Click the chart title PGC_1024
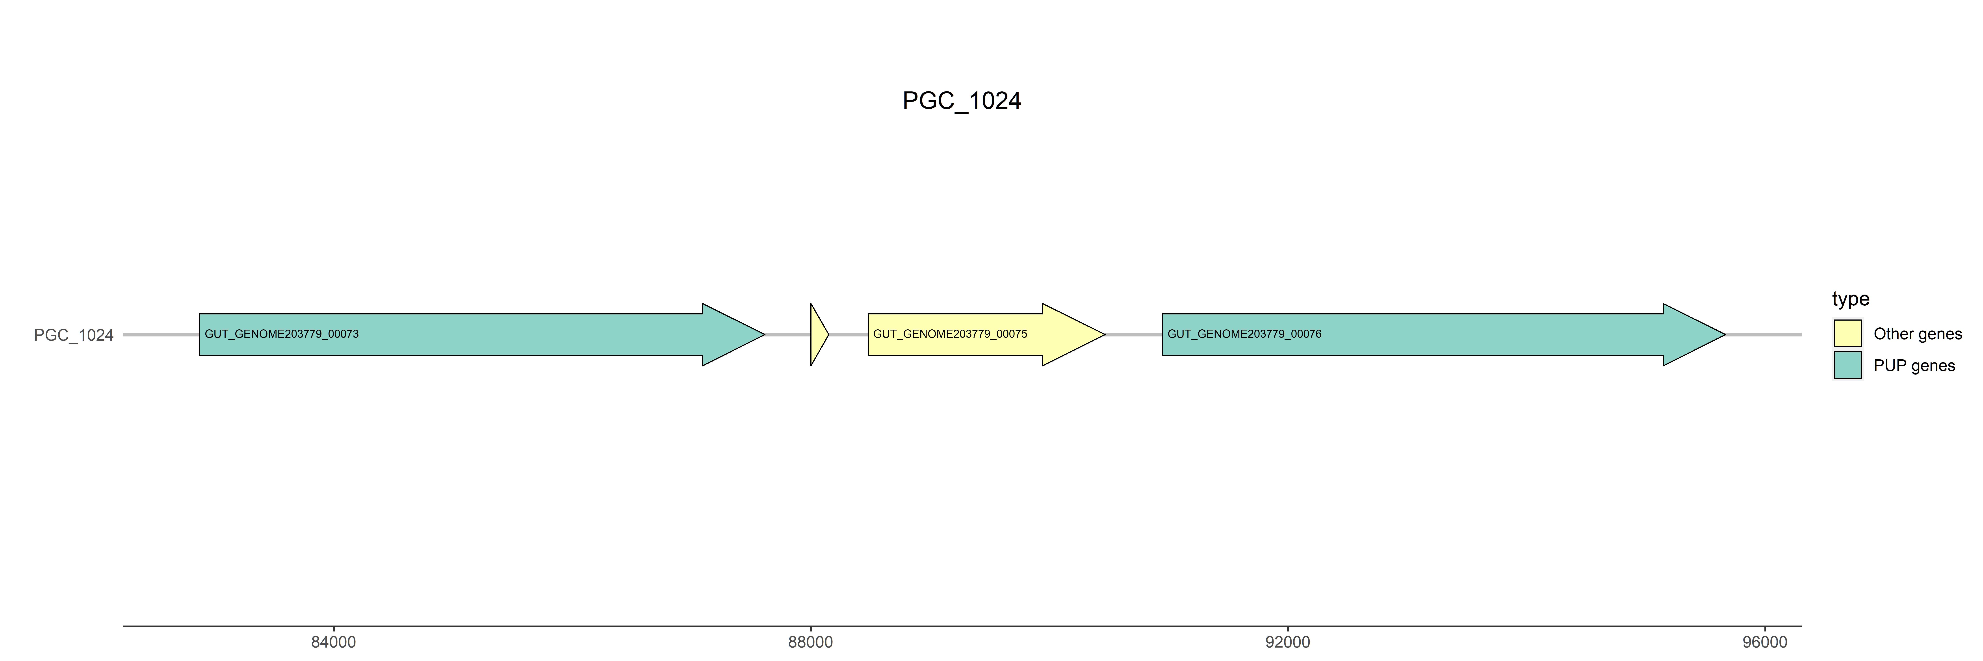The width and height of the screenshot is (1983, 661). pos(962,101)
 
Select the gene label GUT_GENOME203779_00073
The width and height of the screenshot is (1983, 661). pos(282,334)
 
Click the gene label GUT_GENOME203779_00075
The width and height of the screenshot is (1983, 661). pos(950,334)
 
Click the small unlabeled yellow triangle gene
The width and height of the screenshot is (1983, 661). pos(817,335)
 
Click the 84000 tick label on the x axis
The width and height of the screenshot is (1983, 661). pos(333,642)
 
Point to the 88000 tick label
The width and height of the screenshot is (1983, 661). pos(811,642)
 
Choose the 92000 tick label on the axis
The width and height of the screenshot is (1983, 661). pos(1287,642)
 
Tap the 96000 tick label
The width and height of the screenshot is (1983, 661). pos(1764,642)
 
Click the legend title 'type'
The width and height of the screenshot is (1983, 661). pos(1851,299)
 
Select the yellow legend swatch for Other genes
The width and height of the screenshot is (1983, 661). pos(1847,333)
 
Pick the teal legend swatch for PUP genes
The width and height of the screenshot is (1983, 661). pos(1847,365)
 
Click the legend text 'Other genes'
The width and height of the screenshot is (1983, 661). pos(1918,334)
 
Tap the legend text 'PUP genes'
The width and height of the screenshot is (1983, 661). pos(1914,366)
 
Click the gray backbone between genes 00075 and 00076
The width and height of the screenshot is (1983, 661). pos(1133,335)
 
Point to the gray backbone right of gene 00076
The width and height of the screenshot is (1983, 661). pos(1763,335)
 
